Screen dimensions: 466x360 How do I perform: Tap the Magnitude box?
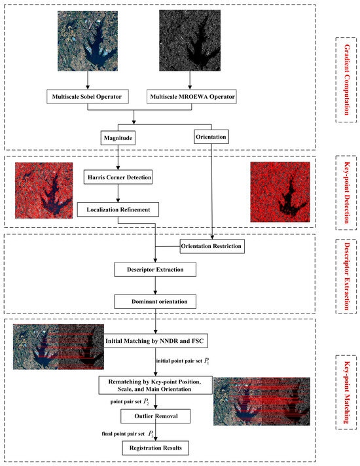(x=118, y=138)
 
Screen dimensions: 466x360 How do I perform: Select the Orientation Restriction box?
(x=211, y=247)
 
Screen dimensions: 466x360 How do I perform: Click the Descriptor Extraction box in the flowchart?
(x=155, y=269)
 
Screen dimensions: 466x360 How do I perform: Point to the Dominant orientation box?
(x=155, y=301)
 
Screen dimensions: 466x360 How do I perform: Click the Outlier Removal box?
(x=154, y=415)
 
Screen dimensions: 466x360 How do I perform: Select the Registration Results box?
(x=154, y=447)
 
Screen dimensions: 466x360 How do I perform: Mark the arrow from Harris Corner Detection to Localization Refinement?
(x=118, y=194)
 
